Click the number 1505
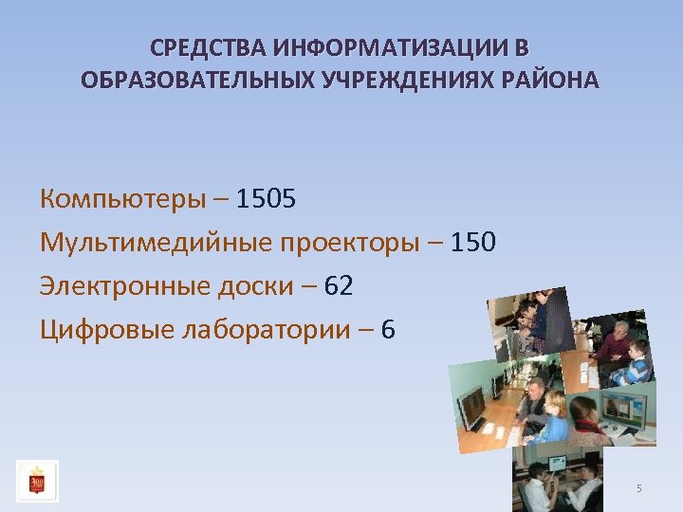pyautogui.click(x=267, y=199)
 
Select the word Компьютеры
pyautogui.click(x=122, y=199)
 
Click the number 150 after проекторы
pyautogui.click(x=472, y=243)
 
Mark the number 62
pyautogui.click(x=339, y=286)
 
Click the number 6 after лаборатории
pyautogui.click(x=388, y=330)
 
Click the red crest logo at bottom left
pyautogui.click(x=37, y=481)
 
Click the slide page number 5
pyautogui.click(x=639, y=488)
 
